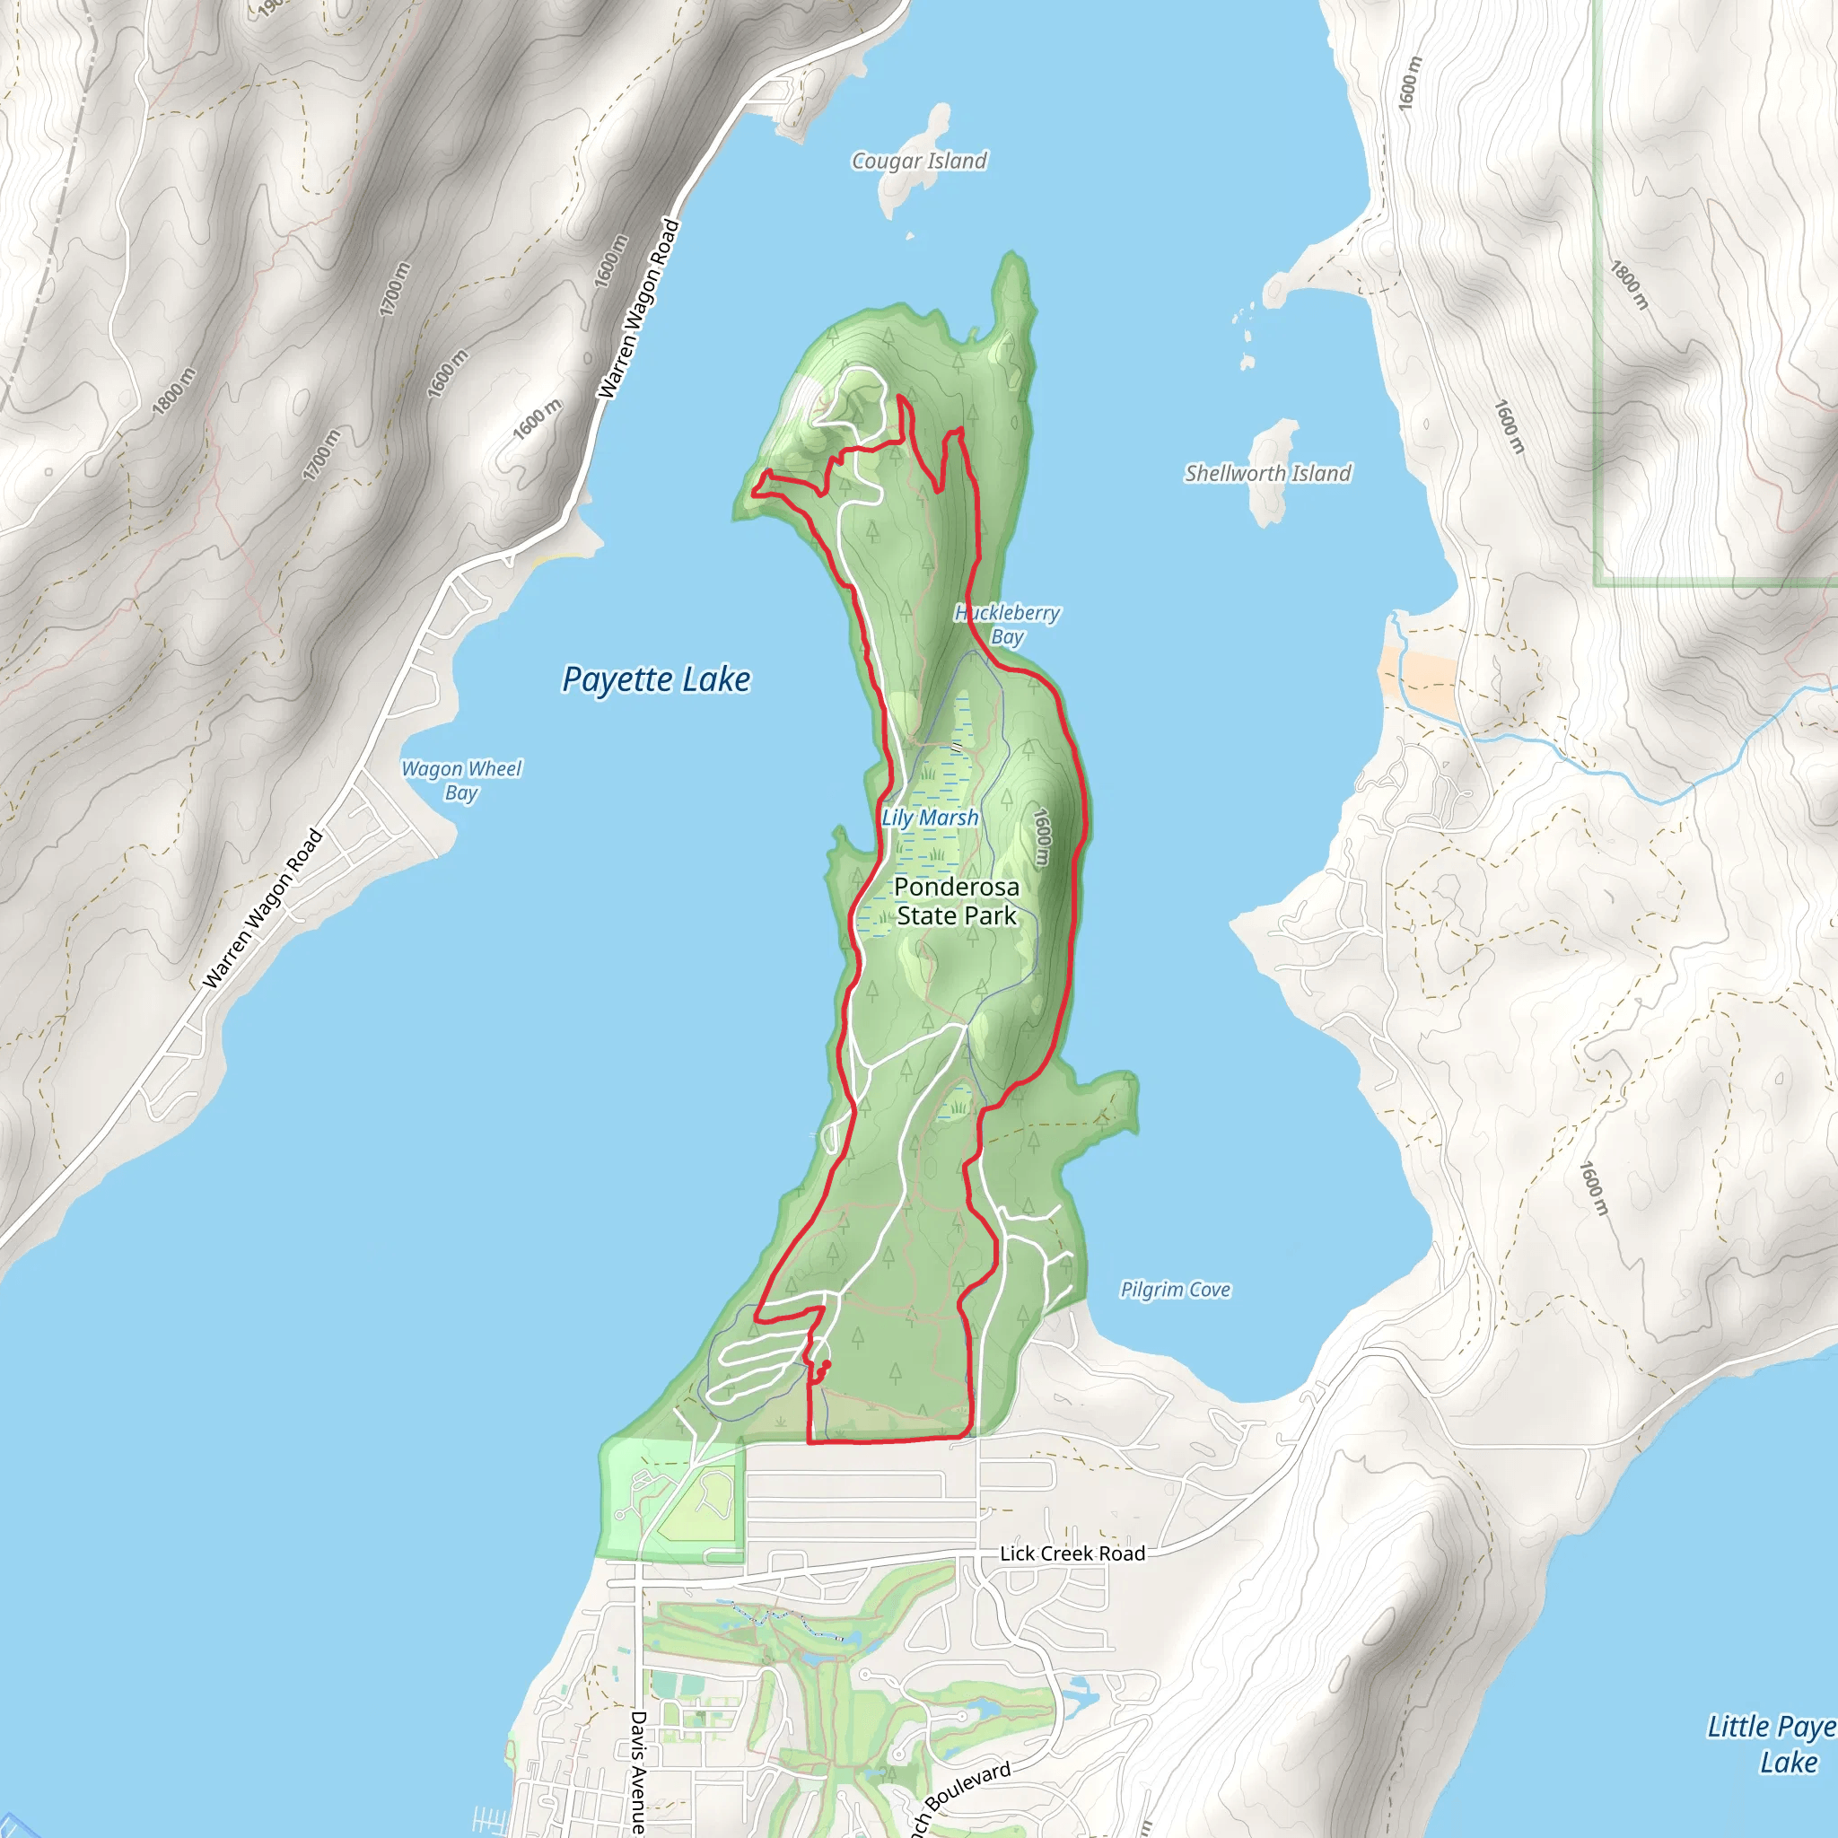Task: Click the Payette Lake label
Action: (x=655, y=679)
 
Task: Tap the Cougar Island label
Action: (x=918, y=161)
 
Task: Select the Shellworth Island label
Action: (x=1266, y=473)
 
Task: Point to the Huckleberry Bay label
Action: (x=1007, y=624)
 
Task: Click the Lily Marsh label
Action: (x=930, y=818)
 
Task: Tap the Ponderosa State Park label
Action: (x=956, y=900)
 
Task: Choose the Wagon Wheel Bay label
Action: (x=461, y=780)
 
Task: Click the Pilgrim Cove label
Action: (x=1174, y=1289)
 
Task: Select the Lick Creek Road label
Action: (x=1072, y=1554)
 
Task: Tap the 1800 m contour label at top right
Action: (x=1628, y=284)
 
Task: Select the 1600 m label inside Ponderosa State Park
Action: (x=1042, y=837)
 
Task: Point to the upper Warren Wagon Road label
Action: (x=638, y=310)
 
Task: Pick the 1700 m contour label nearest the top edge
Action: (x=395, y=289)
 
